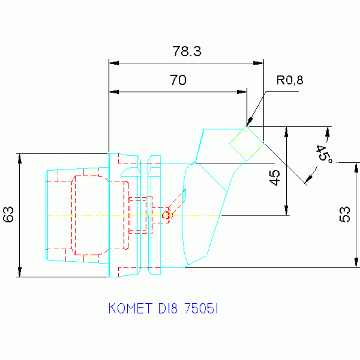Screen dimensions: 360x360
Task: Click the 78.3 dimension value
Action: click(187, 51)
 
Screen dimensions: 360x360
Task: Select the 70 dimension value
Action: click(178, 81)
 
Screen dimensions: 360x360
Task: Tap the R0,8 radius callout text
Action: click(290, 80)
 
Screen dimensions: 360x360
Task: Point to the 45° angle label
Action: click(323, 154)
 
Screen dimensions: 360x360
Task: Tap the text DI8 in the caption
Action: click(168, 308)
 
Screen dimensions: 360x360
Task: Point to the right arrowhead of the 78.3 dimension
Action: click(259, 63)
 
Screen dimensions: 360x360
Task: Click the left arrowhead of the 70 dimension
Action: click(113, 92)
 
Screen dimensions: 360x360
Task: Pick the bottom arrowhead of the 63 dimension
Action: click(20, 272)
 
